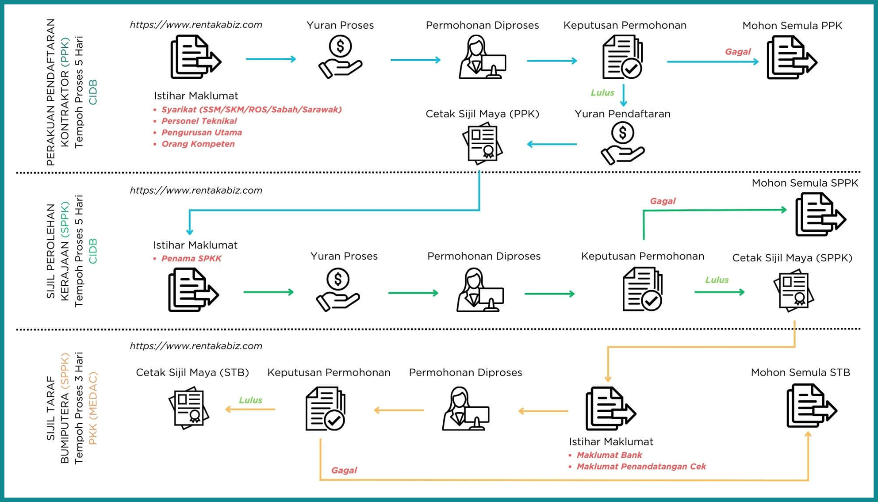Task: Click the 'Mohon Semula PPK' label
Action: [792, 26]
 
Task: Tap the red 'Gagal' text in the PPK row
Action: [737, 52]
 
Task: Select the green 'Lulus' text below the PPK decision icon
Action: [602, 93]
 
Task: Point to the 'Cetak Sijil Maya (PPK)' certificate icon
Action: [483, 143]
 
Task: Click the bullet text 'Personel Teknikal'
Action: [199, 121]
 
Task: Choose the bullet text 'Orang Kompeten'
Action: [198, 144]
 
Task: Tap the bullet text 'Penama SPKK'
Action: [191, 259]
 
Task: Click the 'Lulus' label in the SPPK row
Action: [717, 280]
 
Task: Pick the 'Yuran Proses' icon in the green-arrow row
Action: [338, 290]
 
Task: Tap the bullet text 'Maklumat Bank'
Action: [609, 455]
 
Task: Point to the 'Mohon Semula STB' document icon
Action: [811, 406]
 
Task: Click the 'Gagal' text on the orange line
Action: [344, 470]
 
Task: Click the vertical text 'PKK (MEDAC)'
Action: [93, 408]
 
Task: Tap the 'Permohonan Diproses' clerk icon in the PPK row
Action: [482, 57]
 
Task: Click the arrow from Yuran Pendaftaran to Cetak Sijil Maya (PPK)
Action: [552, 144]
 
